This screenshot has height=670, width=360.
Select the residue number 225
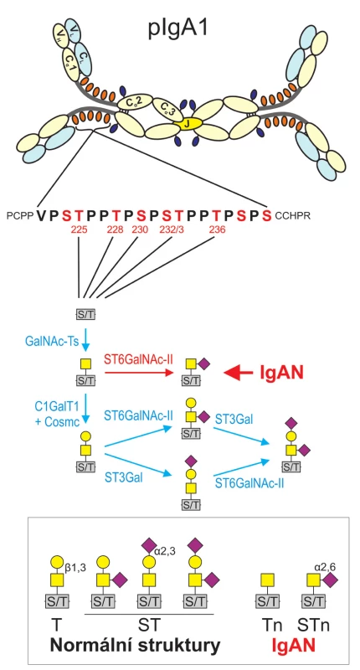(x=80, y=229)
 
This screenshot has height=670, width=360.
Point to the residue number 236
(x=217, y=229)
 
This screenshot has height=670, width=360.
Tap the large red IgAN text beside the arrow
(x=282, y=373)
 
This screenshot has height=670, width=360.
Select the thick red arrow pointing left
(x=239, y=374)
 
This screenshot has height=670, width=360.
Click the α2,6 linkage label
(x=325, y=567)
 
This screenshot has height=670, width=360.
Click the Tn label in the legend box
(x=270, y=626)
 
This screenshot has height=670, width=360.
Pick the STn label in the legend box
(x=314, y=626)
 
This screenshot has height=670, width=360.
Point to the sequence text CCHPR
(x=292, y=216)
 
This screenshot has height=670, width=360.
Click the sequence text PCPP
(x=19, y=216)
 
